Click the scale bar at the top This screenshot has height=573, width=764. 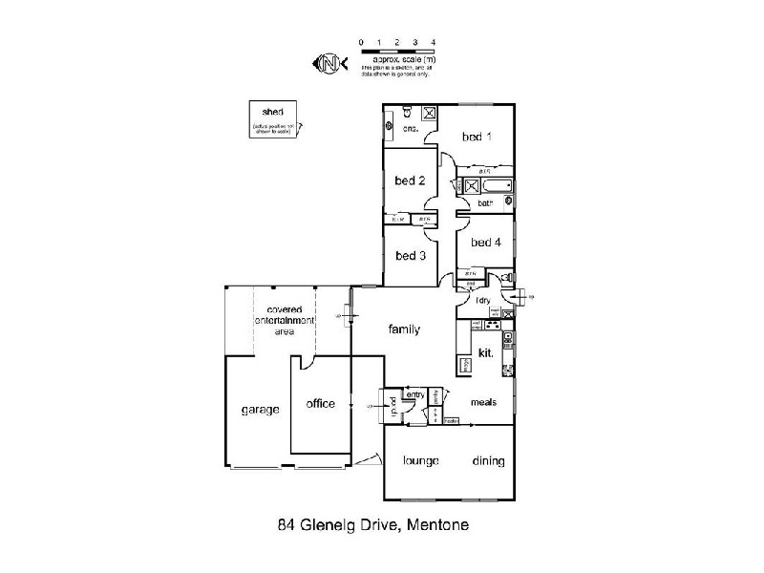(x=397, y=50)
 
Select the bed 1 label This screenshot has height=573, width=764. (x=477, y=137)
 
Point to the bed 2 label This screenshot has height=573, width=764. (x=410, y=180)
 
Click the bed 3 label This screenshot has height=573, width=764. (x=410, y=255)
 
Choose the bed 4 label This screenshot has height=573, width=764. (x=485, y=243)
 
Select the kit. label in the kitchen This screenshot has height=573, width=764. (x=484, y=352)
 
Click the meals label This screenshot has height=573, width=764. (x=484, y=403)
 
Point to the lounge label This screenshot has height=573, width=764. (x=420, y=461)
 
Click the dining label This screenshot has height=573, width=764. (x=488, y=461)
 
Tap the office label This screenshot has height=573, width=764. (x=320, y=404)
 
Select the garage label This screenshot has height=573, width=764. (x=260, y=410)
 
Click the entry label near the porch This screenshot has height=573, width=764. (x=415, y=394)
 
